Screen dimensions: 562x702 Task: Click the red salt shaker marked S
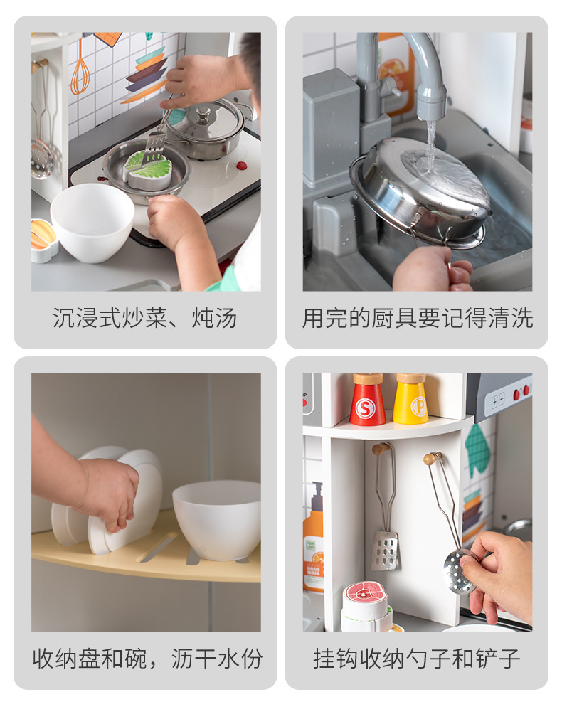pyautogui.click(x=367, y=400)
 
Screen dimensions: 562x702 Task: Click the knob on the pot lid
pyautogui.click(x=203, y=114)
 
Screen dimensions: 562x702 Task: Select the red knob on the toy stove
pyautogui.click(x=242, y=165)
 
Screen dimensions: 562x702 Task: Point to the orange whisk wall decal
pyautogui.click(x=80, y=67)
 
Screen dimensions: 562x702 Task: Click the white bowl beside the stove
pyautogui.click(x=92, y=223)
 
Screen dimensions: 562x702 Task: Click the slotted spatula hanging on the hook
pyautogui.click(x=384, y=550)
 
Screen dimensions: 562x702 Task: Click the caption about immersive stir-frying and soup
pyautogui.click(x=145, y=318)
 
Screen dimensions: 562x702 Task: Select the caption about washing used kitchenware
pyautogui.click(x=418, y=318)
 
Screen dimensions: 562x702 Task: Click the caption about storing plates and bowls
pyautogui.click(x=147, y=659)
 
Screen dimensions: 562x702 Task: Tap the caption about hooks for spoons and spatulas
pyautogui.click(x=417, y=659)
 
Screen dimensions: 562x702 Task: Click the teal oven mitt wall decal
pyautogui.click(x=477, y=450)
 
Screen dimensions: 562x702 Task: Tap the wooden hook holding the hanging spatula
pyautogui.click(x=380, y=448)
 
